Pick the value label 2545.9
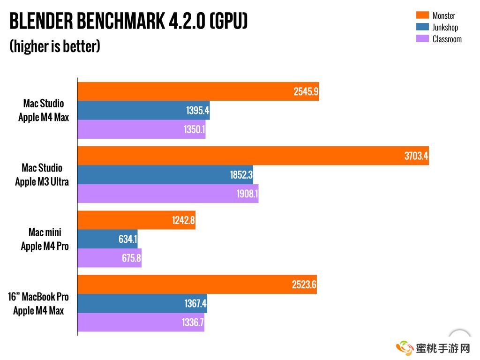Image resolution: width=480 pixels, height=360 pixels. point(306,92)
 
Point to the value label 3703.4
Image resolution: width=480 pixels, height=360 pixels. point(416,156)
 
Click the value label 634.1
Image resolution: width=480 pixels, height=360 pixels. point(127,240)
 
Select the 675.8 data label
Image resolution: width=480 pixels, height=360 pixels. point(131,258)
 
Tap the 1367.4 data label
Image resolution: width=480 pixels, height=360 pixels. point(195,304)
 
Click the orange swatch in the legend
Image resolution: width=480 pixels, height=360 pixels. point(423,15)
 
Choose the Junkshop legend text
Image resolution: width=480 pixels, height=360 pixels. point(445,28)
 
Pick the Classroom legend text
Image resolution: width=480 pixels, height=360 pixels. point(447,39)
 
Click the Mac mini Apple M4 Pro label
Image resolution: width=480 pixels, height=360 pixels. point(45,239)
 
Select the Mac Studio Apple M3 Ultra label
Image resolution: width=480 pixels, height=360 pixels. point(42,175)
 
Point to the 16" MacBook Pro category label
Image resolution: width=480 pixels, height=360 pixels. point(38,297)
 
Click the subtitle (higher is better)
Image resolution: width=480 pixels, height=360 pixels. point(55,46)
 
